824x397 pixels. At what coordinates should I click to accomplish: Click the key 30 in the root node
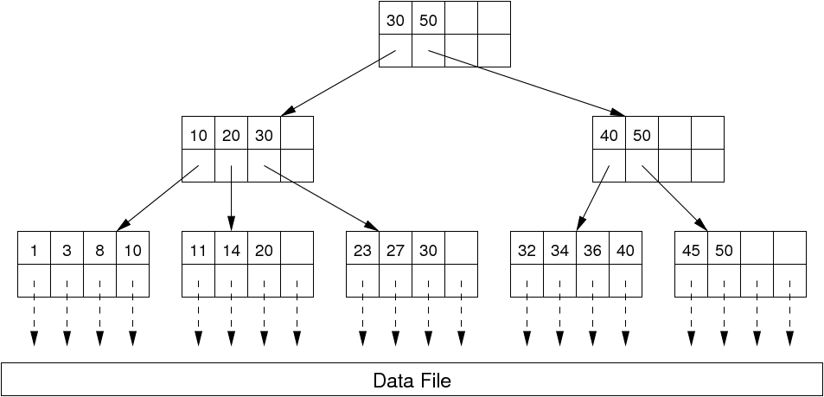[395, 20]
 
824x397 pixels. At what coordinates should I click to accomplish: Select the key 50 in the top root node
[428, 20]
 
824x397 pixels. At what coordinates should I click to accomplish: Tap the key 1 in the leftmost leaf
[34, 251]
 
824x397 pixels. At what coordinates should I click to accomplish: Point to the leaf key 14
[231, 251]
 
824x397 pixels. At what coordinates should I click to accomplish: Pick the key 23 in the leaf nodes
[362, 251]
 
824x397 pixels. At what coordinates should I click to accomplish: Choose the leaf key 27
[395, 251]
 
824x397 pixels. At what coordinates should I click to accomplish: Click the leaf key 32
[526, 251]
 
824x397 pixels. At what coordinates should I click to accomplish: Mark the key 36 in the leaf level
[592, 251]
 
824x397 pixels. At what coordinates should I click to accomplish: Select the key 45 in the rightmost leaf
[691, 251]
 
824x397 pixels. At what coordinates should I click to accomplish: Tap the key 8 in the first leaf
[99, 251]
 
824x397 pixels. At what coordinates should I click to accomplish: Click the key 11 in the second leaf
[198, 251]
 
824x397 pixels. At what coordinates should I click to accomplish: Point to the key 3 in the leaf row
[67, 251]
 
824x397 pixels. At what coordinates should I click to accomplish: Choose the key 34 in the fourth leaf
[559, 251]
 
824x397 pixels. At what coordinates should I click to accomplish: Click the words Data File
[412, 381]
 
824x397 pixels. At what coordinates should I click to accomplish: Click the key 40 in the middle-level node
[609, 136]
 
